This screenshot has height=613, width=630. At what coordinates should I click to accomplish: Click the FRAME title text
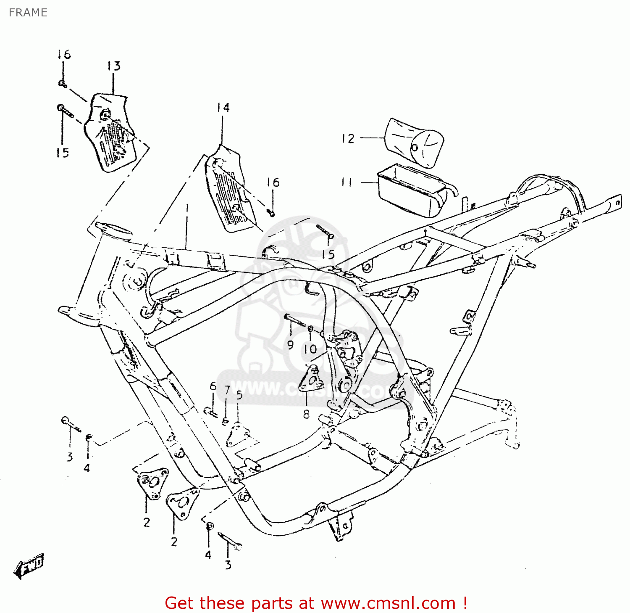pyautogui.click(x=28, y=13)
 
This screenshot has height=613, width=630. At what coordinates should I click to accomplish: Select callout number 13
pyautogui.click(x=113, y=66)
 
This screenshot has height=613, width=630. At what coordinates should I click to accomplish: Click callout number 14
pyautogui.click(x=223, y=108)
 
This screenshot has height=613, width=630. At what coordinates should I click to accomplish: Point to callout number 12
pyautogui.click(x=348, y=138)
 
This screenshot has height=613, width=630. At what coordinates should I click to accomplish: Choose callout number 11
pyautogui.click(x=347, y=182)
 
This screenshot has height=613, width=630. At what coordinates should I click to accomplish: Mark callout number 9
pyautogui.click(x=290, y=345)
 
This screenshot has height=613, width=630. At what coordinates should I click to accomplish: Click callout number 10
pyautogui.click(x=310, y=349)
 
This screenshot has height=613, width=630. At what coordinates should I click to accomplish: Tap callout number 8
pyautogui.click(x=306, y=414)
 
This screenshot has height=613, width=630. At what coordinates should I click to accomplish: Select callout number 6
pyautogui.click(x=213, y=386)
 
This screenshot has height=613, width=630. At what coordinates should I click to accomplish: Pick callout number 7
pyautogui.click(x=227, y=391)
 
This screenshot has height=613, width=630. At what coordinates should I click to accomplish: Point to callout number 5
pyautogui.click(x=239, y=395)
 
